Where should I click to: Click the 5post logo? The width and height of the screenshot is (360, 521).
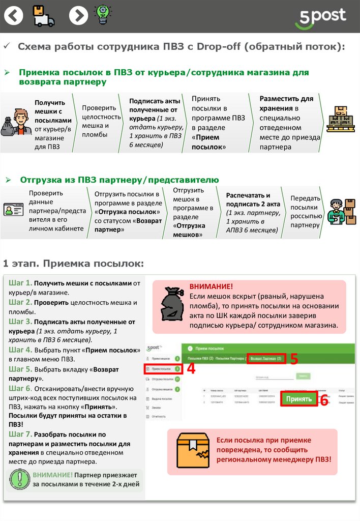(320, 18)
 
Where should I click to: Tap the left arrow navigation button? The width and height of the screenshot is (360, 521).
(14, 16)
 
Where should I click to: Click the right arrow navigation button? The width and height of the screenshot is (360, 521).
(78, 16)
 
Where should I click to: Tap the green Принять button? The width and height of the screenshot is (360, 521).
(299, 398)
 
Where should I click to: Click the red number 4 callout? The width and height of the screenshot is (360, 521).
(191, 368)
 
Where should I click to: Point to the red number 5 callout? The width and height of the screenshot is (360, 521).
(294, 358)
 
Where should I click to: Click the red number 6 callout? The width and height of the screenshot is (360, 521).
(324, 400)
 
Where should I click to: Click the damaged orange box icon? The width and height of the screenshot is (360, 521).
(193, 450)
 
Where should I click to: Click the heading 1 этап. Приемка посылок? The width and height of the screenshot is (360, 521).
(74, 264)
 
